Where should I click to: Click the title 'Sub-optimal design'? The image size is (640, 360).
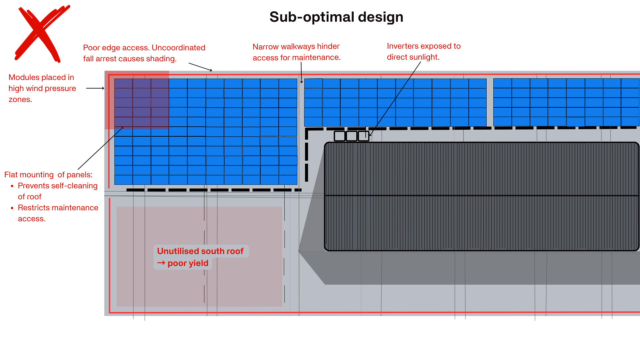pos(336,17)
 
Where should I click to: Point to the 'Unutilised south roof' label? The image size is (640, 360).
pos(200,251)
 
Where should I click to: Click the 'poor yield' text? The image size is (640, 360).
pos(188,263)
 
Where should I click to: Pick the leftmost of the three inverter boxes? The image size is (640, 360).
pos(339,136)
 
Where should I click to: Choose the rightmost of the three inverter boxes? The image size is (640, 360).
pos(363,136)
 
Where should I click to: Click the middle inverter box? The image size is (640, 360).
pos(351,136)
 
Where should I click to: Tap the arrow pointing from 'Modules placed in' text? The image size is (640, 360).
pos(95,88)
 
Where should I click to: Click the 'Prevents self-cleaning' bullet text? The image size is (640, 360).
pos(57,186)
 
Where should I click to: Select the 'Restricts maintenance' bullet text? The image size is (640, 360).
pos(58,208)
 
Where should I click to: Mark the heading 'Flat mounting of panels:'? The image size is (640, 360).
pos(48,175)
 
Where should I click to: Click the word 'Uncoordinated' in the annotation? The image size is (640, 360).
pos(178,48)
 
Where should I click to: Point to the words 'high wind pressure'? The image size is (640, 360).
pos(42,89)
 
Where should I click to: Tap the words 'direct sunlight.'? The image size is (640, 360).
pos(413,57)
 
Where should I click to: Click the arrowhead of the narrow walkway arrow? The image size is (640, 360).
pos(301,82)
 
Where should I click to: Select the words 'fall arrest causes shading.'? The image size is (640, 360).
pos(130,59)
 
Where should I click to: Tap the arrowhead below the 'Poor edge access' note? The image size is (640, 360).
pos(211,70)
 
